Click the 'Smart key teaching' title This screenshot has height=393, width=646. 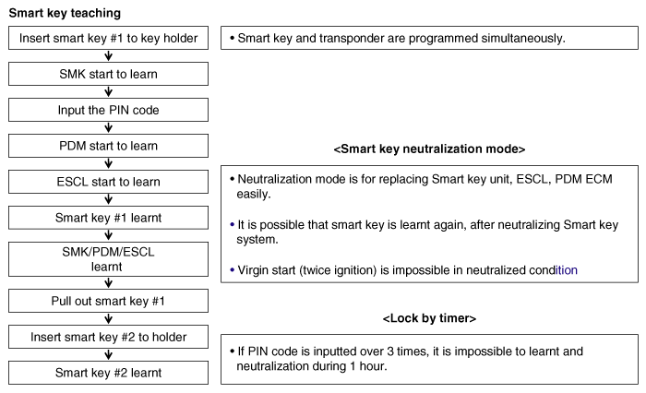coord(65,13)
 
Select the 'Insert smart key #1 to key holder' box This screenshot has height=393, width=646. coord(108,38)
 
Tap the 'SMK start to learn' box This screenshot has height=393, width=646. coord(108,74)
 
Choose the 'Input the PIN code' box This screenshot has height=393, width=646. coord(108,110)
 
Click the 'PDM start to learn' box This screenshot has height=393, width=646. coord(108,146)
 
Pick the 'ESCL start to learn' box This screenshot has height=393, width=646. coord(108,182)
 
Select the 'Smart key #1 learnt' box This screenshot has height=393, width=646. coord(108,218)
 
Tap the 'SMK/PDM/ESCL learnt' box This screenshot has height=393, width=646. coord(108,259)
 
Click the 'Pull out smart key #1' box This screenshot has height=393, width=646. coord(108,301)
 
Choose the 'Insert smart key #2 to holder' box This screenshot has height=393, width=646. coord(108,337)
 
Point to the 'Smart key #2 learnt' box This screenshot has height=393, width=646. coord(108,373)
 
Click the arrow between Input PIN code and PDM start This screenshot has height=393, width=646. coord(108,127)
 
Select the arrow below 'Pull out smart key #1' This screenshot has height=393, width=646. coord(108,319)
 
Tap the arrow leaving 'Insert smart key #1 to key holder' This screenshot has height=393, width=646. coord(108,56)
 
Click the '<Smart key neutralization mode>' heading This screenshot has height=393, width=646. coord(429,149)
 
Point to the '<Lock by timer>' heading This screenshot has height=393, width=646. coord(429,318)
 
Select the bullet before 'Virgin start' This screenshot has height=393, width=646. coord(233,270)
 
